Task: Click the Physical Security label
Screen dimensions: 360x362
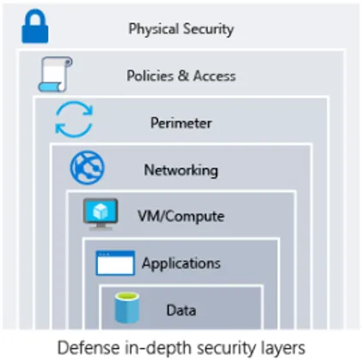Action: pyautogui.click(x=181, y=28)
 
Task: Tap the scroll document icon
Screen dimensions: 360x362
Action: pyautogui.click(x=52, y=75)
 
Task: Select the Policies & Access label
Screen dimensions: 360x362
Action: pyautogui.click(x=181, y=76)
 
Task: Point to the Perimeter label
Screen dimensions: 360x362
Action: pyautogui.click(x=181, y=123)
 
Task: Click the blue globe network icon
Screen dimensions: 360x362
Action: pyautogui.click(x=88, y=168)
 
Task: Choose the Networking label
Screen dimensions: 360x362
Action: pyautogui.click(x=181, y=169)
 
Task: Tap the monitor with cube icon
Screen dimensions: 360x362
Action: pyautogui.click(x=101, y=214)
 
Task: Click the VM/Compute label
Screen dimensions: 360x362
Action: pyautogui.click(x=181, y=216)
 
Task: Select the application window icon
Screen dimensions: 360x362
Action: pyautogui.click(x=114, y=263)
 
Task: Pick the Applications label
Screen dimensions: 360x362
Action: pyautogui.click(x=181, y=263)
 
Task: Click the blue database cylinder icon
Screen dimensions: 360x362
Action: pyautogui.click(x=127, y=307)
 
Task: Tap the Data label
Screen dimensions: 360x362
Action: pyautogui.click(x=181, y=310)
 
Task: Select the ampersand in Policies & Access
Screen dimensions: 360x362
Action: pyautogui.click(x=184, y=76)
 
